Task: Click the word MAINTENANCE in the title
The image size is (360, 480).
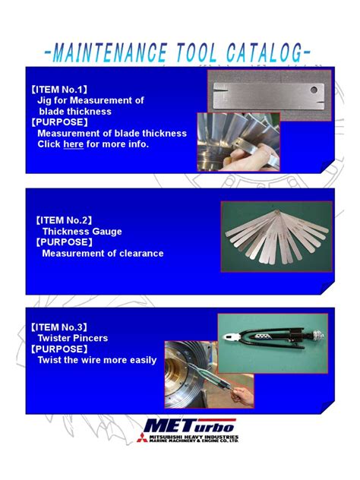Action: (110, 53)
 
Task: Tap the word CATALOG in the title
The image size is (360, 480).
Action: (262, 53)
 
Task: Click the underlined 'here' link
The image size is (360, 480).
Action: (74, 144)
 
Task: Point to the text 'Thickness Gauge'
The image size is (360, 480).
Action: (82, 231)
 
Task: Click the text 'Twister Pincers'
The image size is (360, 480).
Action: (73, 338)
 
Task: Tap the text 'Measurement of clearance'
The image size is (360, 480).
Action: (103, 253)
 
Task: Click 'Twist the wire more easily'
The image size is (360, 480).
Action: (97, 360)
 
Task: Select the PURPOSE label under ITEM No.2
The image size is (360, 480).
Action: (65, 242)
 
